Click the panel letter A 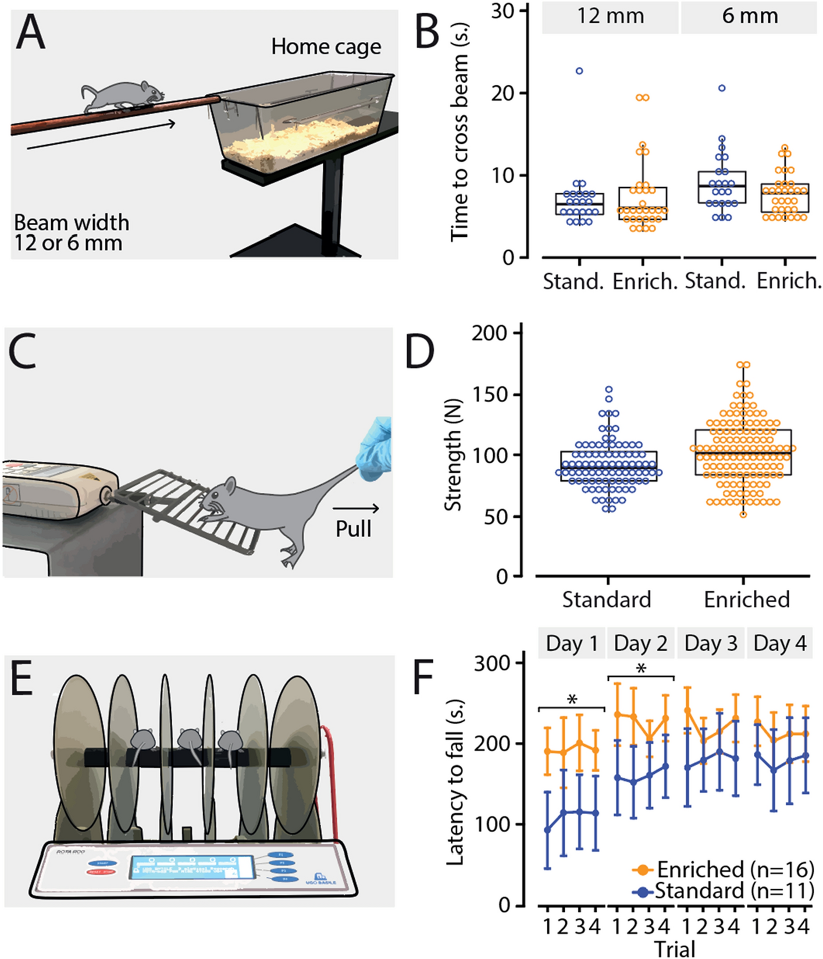[x=30, y=34]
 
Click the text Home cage [x=326, y=47]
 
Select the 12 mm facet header [x=610, y=16]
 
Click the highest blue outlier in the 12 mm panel [x=579, y=71]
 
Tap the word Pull [x=353, y=529]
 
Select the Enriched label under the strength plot [x=746, y=599]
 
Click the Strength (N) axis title [x=453, y=456]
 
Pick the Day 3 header [x=711, y=644]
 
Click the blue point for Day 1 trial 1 [x=547, y=830]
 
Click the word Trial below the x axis [x=675, y=949]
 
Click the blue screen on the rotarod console [x=191, y=866]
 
